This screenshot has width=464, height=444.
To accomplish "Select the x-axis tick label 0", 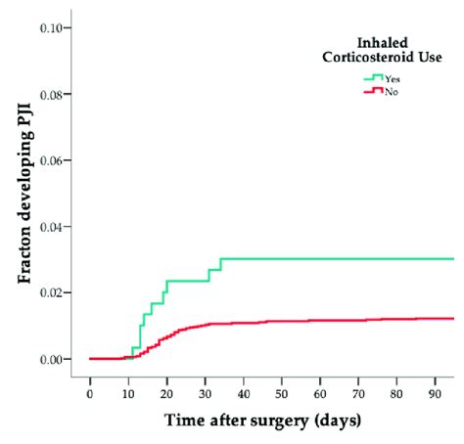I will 89,396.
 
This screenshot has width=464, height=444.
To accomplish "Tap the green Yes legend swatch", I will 373,77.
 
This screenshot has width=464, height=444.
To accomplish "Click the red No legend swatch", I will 373,91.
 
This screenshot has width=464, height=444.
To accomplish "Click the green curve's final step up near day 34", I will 221,264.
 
